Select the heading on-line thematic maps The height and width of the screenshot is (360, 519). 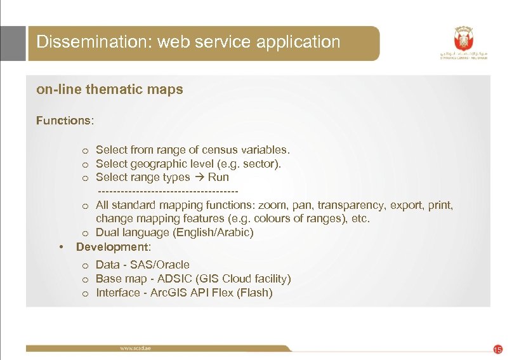click(110, 90)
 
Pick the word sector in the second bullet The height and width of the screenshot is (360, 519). click(260, 164)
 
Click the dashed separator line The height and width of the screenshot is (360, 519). click(168, 191)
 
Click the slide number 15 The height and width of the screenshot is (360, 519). click(497, 349)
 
